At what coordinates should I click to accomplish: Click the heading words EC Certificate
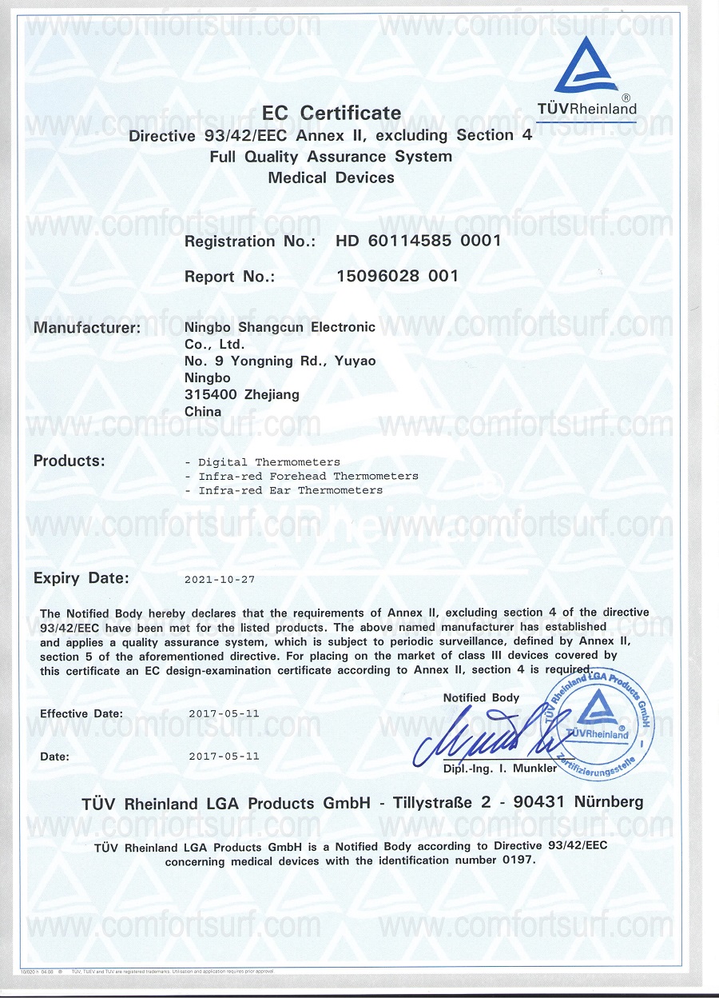[x=332, y=113]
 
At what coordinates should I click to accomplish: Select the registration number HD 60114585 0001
[x=418, y=241]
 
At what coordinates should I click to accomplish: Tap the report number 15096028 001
[x=398, y=277]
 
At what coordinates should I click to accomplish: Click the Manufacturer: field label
[x=87, y=327]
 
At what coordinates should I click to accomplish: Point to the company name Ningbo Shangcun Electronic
[x=280, y=327]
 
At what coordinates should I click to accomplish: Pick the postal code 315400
[x=204, y=394]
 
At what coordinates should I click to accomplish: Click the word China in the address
[x=203, y=412]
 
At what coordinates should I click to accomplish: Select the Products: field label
[x=70, y=461]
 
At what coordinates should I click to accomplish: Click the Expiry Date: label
[x=81, y=578]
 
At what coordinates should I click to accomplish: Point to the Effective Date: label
[x=81, y=713]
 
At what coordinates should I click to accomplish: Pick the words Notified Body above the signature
[x=481, y=698]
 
